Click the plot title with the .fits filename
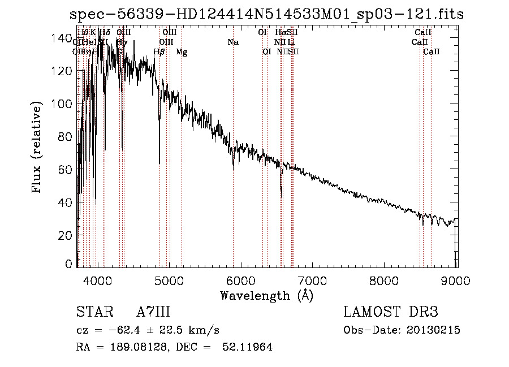pos(266,14)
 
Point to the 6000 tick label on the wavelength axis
pos(241,280)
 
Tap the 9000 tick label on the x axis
pos(456,280)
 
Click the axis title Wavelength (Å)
pos(266,295)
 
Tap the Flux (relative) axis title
pos(38,148)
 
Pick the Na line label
pos(233,42)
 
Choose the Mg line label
pos(182,52)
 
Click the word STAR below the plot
pos(94,312)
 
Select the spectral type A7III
pos(153,312)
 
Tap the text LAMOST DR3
pos(391,312)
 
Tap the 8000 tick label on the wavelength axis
pos(385,280)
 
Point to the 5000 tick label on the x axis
pos(170,280)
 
